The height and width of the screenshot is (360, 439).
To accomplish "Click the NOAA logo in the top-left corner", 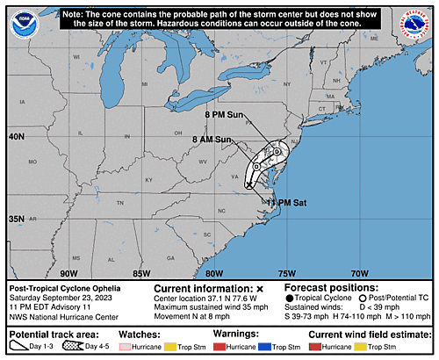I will (x=19, y=20).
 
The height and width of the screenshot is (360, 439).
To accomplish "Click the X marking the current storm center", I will (x=249, y=185).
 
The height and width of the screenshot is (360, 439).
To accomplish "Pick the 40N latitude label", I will (x=17, y=137).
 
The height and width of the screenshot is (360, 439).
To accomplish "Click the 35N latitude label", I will (x=17, y=219).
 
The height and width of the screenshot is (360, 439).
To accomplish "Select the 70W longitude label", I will (x=359, y=273).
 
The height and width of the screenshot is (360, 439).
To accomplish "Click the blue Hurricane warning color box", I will (x=264, y=349).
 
